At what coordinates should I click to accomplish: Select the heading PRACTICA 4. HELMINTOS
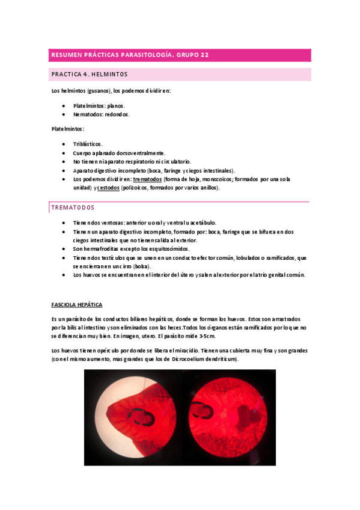point(90,75)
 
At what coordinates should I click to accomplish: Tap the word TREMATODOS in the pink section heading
point(73,207)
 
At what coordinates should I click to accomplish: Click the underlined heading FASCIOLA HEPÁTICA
point(77,305)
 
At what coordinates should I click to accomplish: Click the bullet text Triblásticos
point(88,144)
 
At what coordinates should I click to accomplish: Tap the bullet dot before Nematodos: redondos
point(63,114)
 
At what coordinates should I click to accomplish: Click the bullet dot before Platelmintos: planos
point(63,105)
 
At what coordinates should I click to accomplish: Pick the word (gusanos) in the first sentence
point(98,91)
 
